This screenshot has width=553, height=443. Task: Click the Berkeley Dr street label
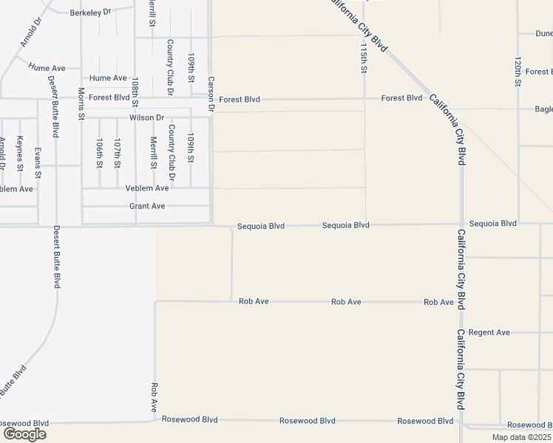click(89, 13)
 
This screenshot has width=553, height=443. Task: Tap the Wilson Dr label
click(146, 117)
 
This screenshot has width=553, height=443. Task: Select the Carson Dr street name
click(211, 95)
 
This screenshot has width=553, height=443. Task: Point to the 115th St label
click(364, 58)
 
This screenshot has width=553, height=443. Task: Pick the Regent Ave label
click(489, 332)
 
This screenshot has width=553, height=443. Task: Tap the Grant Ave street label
click(147, 206)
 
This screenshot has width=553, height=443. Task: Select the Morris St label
click(81, 104)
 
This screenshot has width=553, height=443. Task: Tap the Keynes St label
click(20, 151)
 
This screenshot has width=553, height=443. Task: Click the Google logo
click(24, 433)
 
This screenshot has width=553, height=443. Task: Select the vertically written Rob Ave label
click(155, 396)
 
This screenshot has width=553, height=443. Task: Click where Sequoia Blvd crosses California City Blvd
click(461, 224)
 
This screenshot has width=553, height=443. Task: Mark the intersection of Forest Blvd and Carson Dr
click(211, 97)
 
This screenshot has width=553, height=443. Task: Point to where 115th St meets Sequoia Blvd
click(365, 224)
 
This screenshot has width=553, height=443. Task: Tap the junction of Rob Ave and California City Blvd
click(461, 302)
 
